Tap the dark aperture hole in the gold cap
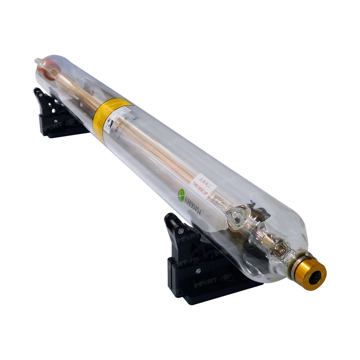[x=316, y=275]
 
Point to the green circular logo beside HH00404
[x=181, y=193]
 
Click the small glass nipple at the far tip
[x=38, y=61]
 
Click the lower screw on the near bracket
[x=198, y=271]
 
